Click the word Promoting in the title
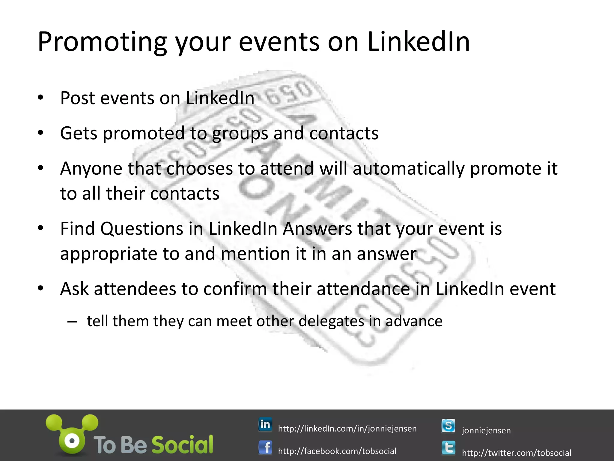tap(102, 42)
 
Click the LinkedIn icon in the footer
tap(265, 424)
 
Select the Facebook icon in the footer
tap(265, 447)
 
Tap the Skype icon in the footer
tap(448, 426)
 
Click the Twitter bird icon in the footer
tap(448, 448)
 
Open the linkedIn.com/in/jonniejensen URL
tap(347, 429)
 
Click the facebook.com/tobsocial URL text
tap(337, 451)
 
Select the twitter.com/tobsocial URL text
tap(516, 453)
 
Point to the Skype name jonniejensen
tap(486, 430)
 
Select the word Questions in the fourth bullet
tap(142, 229)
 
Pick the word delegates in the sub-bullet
tap(331, 321)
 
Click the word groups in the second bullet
tap(240, 133)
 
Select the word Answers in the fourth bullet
tap(317, 229)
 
